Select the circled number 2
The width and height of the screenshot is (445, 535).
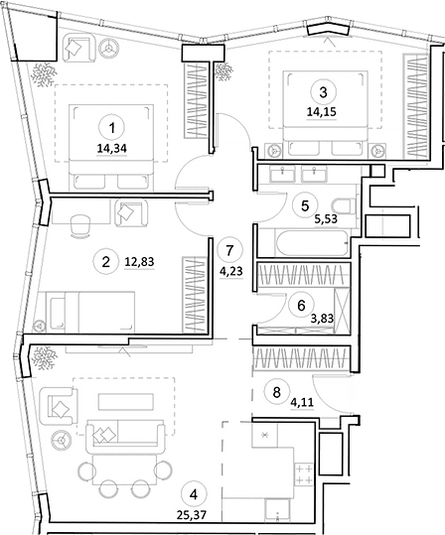(x=104, y=262)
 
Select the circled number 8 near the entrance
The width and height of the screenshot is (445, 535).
(x=278, y=390)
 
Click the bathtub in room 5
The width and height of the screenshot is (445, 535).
(x=302, y=240)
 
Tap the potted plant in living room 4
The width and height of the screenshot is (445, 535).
(x=45, y=354)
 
